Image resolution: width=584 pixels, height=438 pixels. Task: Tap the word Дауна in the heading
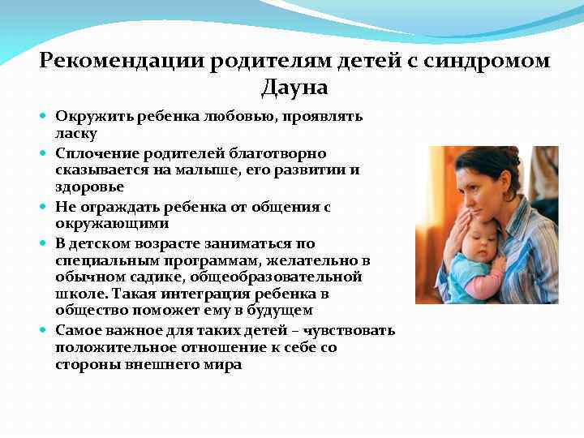[294, 87]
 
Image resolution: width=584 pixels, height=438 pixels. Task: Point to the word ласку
[76, 133]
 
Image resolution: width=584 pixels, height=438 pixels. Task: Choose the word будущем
[281, 311]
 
